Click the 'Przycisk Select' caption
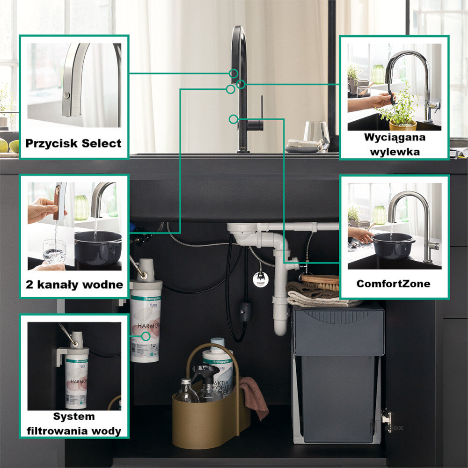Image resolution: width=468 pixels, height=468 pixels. [x=73, y=143]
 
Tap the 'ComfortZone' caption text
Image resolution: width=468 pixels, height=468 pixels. [x=393, y=284]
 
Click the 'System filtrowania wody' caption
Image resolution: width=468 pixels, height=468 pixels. [x=74, y=424]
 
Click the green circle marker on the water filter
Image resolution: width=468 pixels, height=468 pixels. [x=146, y=336]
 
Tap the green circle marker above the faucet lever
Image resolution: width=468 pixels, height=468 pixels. [x=233, y=119]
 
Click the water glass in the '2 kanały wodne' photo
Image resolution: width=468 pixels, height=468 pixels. [x=54, y=252]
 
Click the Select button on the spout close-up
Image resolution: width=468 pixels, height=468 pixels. [x=67, y=95]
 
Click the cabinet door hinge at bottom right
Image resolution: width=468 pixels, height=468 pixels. [x=387, y=415]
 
